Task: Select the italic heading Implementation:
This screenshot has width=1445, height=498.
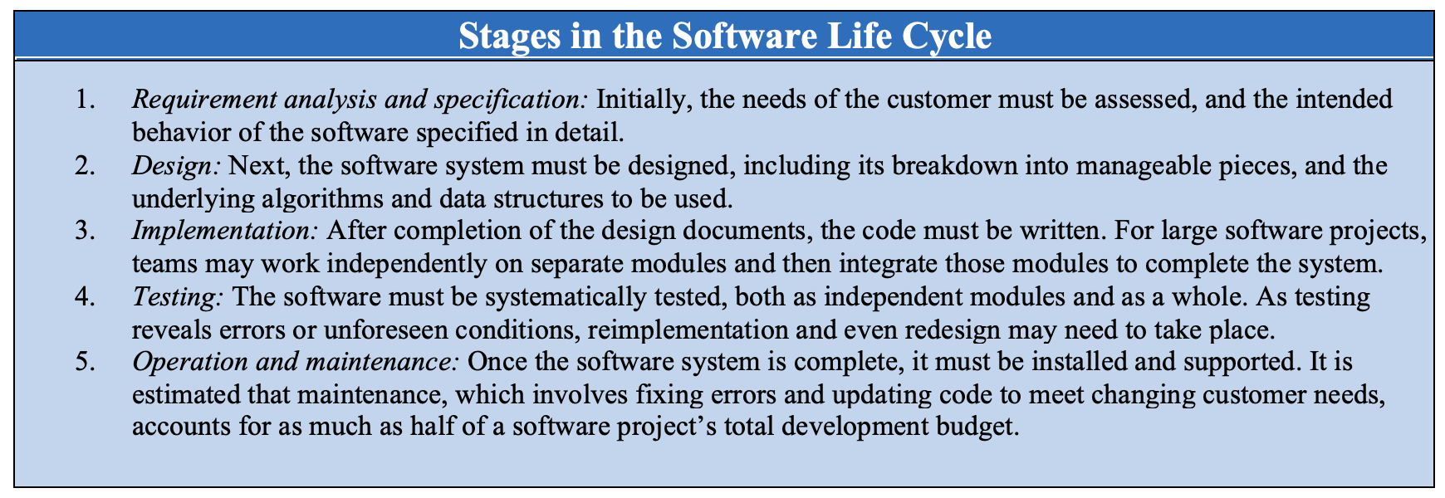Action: (x=226, y=232)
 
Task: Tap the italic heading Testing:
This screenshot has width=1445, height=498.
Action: (x=179, y=298)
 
